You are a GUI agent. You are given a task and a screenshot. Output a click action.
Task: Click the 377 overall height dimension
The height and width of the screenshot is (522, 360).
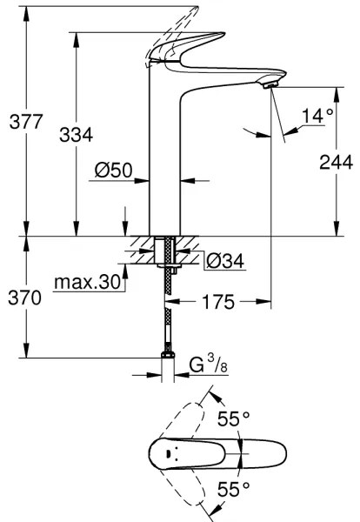(x=20, y=122)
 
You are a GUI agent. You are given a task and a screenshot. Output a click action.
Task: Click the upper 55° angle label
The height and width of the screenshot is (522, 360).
(x=234, y=418)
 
